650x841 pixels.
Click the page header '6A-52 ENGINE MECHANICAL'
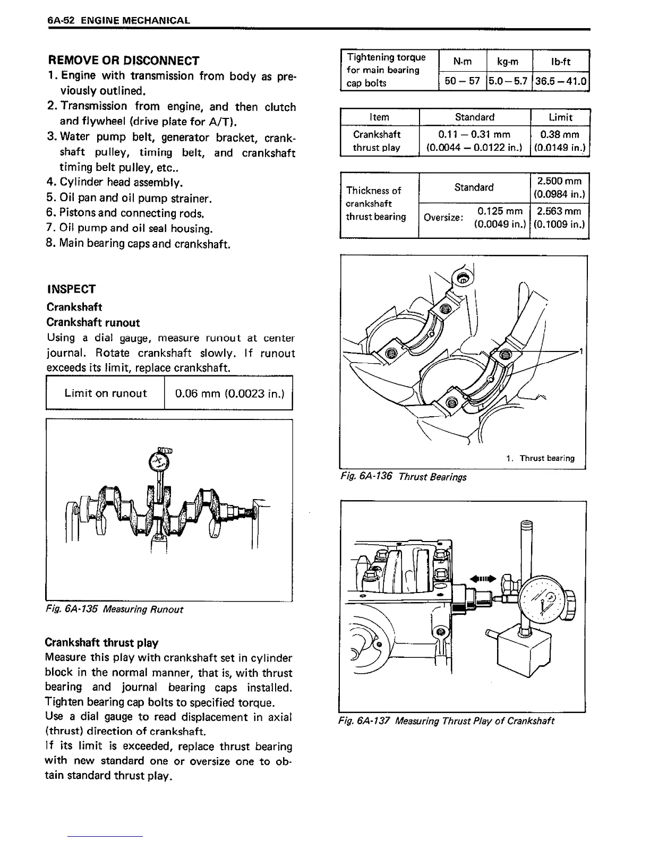pos(118,21)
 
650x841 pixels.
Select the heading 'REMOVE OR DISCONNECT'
pos(123,61)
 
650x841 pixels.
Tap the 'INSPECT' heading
pos(71,289)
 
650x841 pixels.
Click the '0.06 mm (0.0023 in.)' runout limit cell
pos(229,393)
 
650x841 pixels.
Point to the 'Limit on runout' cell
pos(105,393)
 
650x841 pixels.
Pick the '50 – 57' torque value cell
pos(462,82)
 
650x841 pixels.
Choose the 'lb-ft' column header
pos(560,62)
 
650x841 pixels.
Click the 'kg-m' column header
pos(508,62)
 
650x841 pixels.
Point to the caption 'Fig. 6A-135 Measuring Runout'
pos(115,610)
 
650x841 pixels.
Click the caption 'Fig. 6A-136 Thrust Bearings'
pos(403,477)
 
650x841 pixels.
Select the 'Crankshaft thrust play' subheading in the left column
pos(102,643)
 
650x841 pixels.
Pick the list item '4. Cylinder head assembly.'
pos(115,183)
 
